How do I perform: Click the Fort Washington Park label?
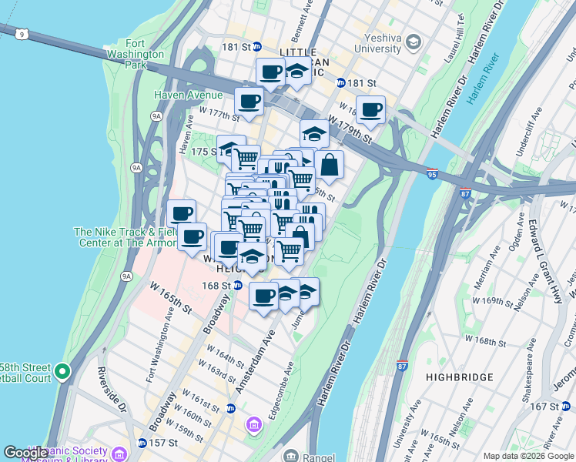tap(142, 55)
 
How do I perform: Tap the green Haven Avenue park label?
tap(188, 95)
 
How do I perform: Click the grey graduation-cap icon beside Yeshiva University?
tap(414, 40)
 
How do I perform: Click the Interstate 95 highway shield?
tap(432, 175)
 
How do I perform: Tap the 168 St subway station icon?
tap(238, 286)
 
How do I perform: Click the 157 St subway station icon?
tap(142, 444)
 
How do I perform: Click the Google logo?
tap(25, 453)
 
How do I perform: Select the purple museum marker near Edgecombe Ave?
tap(253, 424)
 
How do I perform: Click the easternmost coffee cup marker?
tap(370, 109)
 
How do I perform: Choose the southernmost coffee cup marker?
tap(263, 296)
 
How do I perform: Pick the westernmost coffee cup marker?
tap(181, 214)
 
